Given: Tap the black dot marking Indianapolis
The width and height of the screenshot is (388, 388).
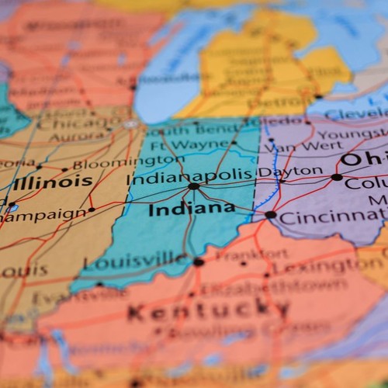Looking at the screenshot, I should (193, 186).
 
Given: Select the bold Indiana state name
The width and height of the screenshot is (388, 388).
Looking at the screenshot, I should (181, 210).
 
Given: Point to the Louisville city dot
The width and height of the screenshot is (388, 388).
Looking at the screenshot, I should (198, 262).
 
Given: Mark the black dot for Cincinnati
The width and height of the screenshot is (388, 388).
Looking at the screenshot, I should (270, 215).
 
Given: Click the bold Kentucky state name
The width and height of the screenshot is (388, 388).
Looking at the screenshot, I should (207, 312).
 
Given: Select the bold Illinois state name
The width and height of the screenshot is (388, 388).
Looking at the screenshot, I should (52, 182).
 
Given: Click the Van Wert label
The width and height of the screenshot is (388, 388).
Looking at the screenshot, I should (303, 145).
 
